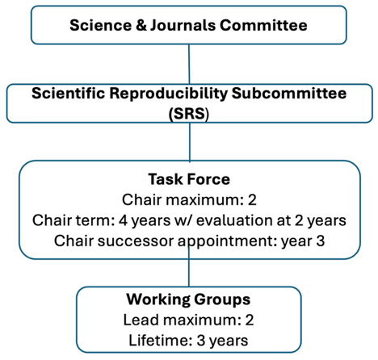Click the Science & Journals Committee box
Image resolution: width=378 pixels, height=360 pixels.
click(x=188, y=24)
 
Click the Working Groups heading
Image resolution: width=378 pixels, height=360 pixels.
click(x=188, y=299)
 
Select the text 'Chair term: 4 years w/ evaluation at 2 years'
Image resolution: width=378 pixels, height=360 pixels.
click(x=189, y=220)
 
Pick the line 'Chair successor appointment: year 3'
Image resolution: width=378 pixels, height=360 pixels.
click(x=189, y=240)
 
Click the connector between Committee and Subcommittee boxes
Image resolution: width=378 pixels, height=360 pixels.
click(x=189, y=62)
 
